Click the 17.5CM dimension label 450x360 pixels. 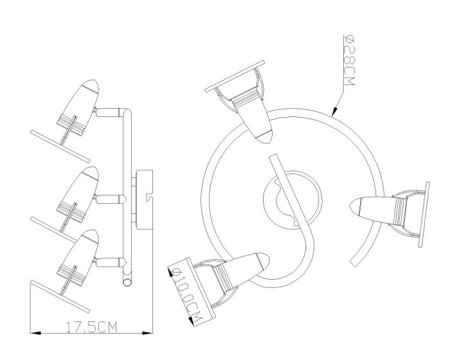(92, 327)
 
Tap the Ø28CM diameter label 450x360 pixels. (349, 60)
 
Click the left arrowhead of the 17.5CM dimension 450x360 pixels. (35, 333)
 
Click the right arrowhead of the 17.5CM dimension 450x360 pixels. (147, 333)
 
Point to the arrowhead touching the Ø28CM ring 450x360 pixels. (335, 112)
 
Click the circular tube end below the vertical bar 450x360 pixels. (127, 282)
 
